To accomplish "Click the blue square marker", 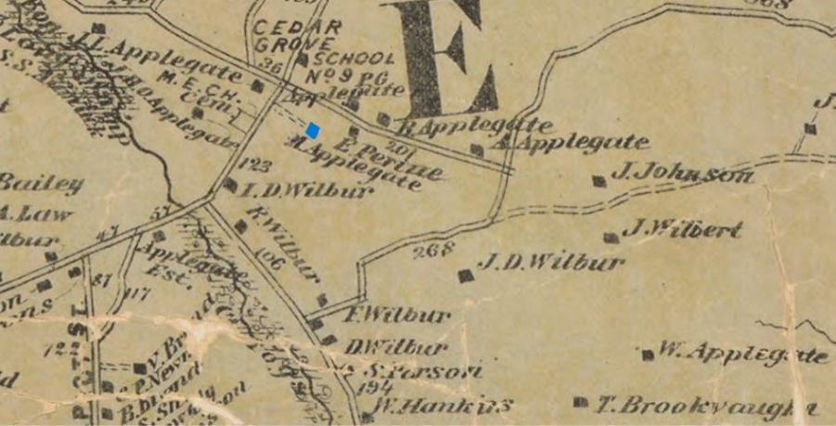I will pyautogui.click(x=314, y=130).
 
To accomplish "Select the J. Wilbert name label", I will pyautogui.click(x=683, y=228).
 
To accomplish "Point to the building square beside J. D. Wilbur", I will pyautogui.click(x=465, y=275).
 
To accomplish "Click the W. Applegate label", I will pyautogui.click(x=743, y=353).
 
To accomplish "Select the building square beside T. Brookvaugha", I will pyautogui.click(x=580, y=403).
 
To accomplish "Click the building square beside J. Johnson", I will pyautogui.click(x=598, y=181).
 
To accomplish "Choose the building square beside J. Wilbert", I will pyautogui.click(x=610, y=238).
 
